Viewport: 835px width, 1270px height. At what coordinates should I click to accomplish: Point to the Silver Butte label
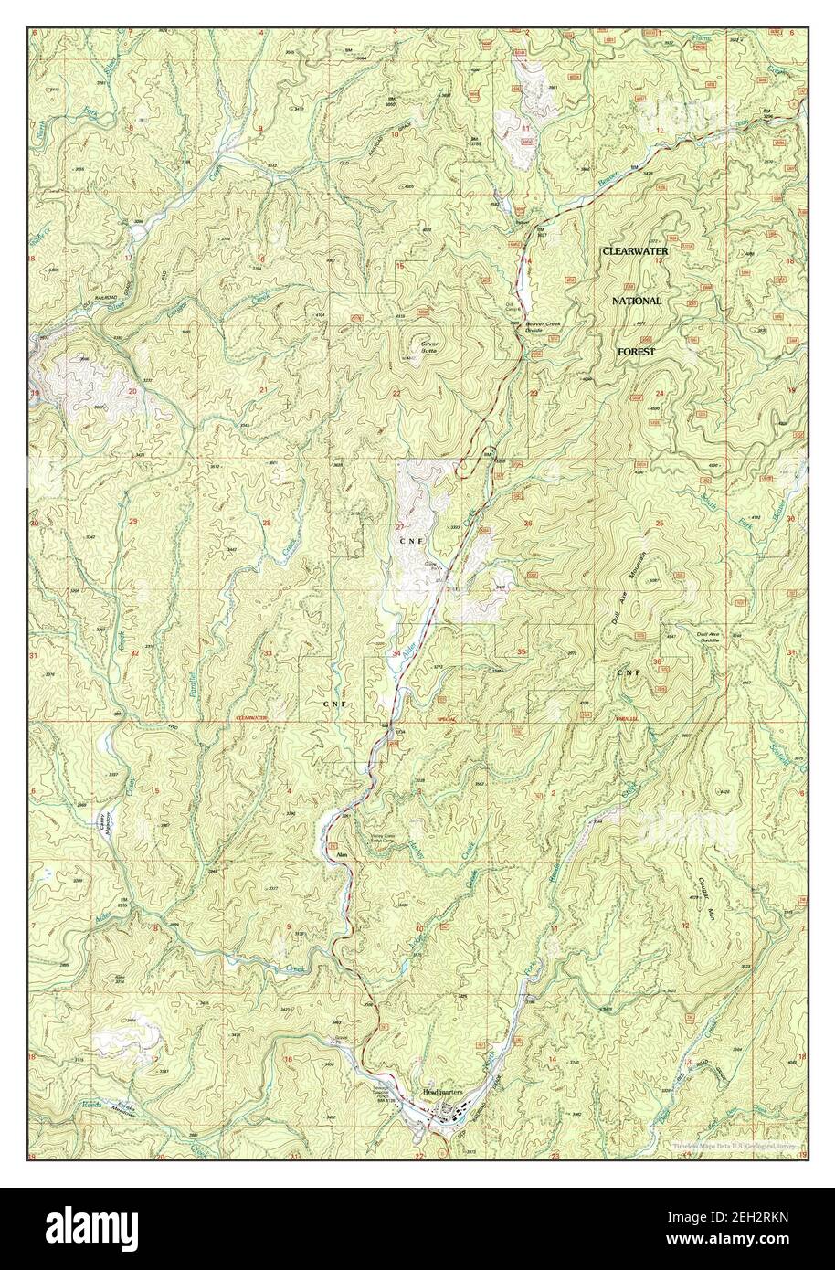tap(428, 347)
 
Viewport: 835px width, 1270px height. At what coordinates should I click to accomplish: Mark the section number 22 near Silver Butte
tap(396, 393)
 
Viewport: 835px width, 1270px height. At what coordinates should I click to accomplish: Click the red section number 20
tap(132, 391)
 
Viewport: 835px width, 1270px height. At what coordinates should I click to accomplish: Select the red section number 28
tap(267, 523)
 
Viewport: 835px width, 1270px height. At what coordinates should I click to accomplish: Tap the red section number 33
tap(268, 653)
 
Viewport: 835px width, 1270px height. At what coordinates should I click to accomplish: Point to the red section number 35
tap(522, 651)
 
